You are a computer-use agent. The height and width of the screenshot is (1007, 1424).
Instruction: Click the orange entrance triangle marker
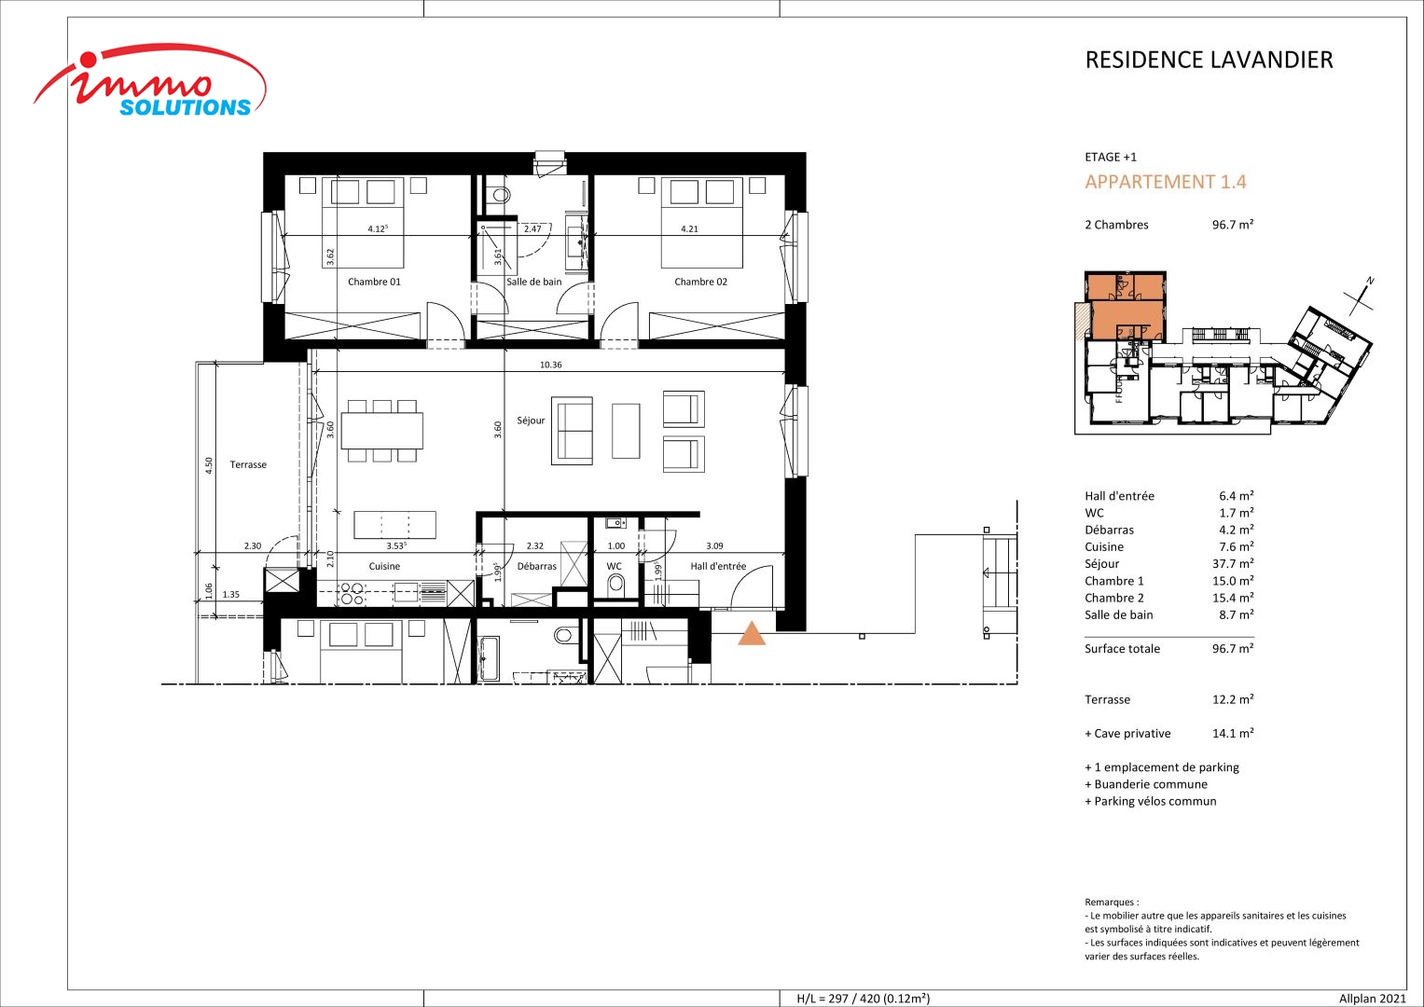[x=752, y=635]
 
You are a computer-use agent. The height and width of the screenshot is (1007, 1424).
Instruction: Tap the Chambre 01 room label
[x=374, y=282]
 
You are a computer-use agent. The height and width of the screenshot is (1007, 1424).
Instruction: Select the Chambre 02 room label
[x=700, y=282]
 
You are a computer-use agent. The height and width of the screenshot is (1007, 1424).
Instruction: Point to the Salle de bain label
[x=534, y=282]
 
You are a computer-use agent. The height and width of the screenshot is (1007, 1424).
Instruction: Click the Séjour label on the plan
[x=531, y=421]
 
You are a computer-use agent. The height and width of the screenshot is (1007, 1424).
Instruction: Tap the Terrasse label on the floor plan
[x=248, y=464]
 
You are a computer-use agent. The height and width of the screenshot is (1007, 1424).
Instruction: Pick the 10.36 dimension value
[x=550, y=365]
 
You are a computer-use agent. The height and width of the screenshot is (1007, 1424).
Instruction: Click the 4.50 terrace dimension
[x=209, y=465]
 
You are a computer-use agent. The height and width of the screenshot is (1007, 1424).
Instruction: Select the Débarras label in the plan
[x=536, y=566]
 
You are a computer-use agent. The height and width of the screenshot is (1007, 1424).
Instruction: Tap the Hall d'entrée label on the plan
[x=718, y=566]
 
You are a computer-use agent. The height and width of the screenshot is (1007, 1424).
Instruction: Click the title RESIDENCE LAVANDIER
[x=1209, y=60]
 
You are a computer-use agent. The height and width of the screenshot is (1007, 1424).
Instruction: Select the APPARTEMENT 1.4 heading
[x=1166, y=182]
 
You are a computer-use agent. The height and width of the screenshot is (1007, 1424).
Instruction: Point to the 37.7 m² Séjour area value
[x=1233, y=564]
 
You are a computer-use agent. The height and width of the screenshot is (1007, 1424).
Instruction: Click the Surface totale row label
[x=1122, y=648]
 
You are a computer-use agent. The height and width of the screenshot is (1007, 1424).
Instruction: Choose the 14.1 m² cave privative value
[x=1233, y=733]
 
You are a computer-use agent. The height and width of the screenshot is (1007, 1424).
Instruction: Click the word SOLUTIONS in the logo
[x=186, y=107]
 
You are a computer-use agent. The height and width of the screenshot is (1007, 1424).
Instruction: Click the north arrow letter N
[x=1371, y=281]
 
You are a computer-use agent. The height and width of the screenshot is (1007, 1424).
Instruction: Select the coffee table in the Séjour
[x=626, y=431]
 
